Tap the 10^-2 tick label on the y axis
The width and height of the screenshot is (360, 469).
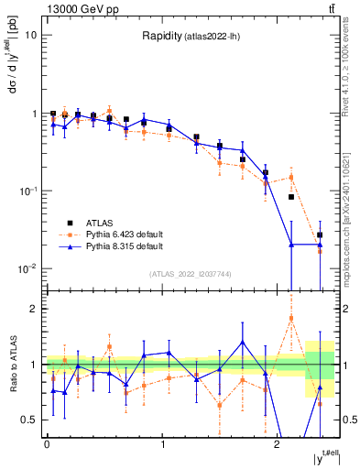(x=28, y=269)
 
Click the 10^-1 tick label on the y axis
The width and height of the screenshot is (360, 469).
(x=28, y=191)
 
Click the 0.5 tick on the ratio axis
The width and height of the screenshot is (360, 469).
(x=30, y=420)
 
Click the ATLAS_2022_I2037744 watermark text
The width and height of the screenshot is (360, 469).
(x=190, y=274)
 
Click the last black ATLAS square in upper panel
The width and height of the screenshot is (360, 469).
(x=320, y=235)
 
